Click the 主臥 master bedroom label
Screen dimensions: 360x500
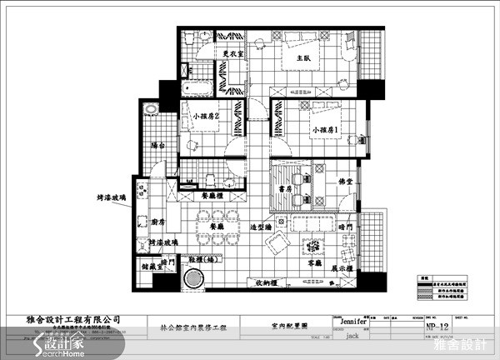coord(302,59)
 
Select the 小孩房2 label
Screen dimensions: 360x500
coord(204,117)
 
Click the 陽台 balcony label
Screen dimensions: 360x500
coord(157,145)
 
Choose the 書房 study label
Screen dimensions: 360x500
coord(284,189)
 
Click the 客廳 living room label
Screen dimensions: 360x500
coord(316,261)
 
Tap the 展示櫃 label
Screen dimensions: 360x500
coord(346,269)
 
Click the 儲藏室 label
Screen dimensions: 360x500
coord(152,268)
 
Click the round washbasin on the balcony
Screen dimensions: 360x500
coord(150,109)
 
